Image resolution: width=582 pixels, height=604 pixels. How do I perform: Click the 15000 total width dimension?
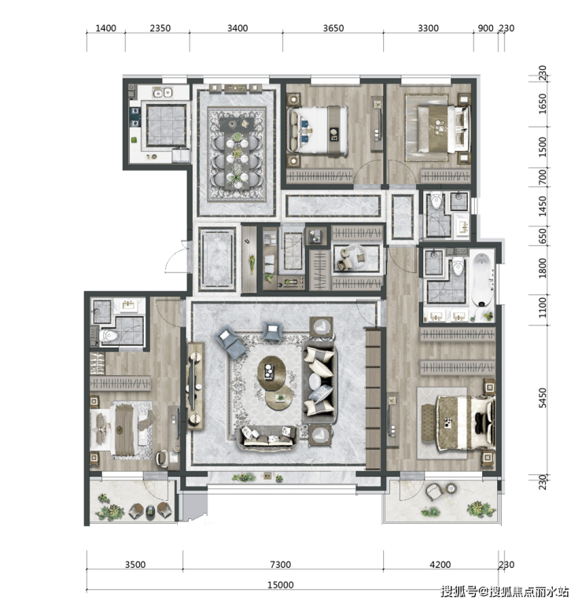point(281,585)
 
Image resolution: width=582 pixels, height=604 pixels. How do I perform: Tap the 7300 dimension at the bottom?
point(281,565)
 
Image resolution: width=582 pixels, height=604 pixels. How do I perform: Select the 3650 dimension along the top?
point(333,28)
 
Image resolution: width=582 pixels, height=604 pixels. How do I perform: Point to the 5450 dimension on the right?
point(543,398)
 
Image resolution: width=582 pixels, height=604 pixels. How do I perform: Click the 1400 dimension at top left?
point(105,28)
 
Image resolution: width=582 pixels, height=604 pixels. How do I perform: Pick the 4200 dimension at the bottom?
point(440,565)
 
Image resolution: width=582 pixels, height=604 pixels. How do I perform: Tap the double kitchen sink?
point(162,93)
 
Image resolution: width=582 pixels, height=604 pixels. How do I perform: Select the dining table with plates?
point(237,153)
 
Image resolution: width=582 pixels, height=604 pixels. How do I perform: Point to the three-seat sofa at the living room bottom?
point(267,436)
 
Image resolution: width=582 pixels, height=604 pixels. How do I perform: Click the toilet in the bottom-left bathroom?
point(109,336)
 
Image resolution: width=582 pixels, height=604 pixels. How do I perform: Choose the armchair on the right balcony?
point(434,492)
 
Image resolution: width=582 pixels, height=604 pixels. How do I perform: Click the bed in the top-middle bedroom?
point(319,131)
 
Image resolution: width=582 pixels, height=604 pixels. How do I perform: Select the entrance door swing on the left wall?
point(177,257)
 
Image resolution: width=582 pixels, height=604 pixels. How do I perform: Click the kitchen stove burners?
point(134,117)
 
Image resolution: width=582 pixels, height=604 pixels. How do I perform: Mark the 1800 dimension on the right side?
point(543,268)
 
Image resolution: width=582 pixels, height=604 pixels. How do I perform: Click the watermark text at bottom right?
point(505,591)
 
